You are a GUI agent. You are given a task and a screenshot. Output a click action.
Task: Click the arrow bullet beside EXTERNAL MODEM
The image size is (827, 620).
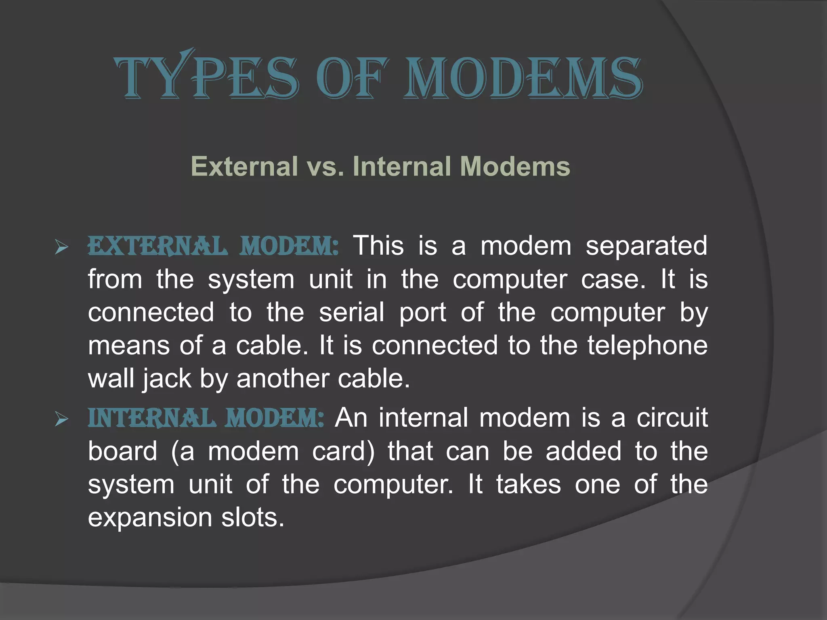[61, 247]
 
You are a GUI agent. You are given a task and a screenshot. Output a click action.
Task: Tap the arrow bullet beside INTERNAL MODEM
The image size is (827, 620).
[61, 419]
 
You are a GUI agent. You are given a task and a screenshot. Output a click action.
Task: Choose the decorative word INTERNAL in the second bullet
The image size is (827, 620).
[151, 418]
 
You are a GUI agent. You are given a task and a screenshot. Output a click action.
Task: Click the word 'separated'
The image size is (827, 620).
[646, 246]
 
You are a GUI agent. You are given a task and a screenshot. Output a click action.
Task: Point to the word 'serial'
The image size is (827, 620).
[352, 312]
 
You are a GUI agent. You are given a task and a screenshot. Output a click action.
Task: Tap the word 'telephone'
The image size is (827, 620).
[647, 346]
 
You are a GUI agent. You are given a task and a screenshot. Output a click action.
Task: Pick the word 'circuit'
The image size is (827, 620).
[672, 417]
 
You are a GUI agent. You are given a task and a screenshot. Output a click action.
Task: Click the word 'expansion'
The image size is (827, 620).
[150, 518]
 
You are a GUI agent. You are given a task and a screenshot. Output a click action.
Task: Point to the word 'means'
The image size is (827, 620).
[129, 346]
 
